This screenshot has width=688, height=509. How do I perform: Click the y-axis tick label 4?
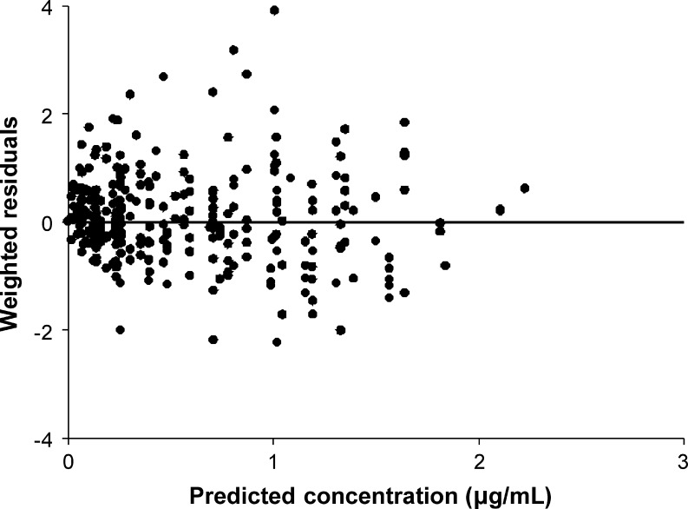(53, 8)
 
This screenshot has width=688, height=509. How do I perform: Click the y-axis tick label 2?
(53, 115)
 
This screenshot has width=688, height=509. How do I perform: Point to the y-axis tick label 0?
(53, 222)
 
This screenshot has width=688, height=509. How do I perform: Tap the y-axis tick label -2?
(49, 331)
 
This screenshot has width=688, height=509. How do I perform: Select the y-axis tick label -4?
(49, 439)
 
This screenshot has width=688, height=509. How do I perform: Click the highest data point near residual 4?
(274, 10)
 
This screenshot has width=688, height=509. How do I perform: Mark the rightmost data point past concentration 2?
(524, 188)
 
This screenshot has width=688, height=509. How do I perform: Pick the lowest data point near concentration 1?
(277, 342)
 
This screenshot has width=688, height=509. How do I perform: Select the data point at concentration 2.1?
(500, 209)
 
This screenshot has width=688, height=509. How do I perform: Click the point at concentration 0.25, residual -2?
(120, 330)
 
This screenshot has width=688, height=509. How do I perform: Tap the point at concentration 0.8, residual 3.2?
(233, 50)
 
